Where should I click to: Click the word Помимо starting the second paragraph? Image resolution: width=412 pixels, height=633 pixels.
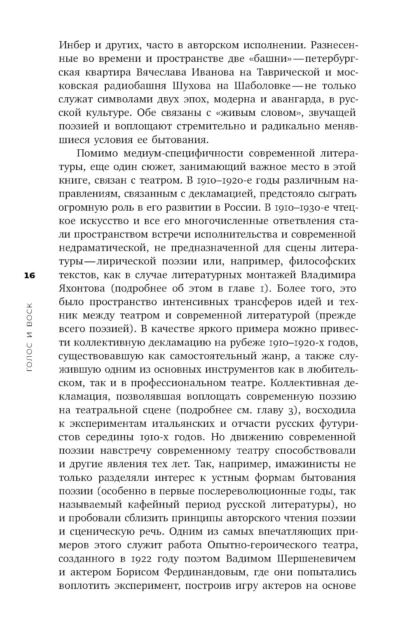click(x=97, y=154)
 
